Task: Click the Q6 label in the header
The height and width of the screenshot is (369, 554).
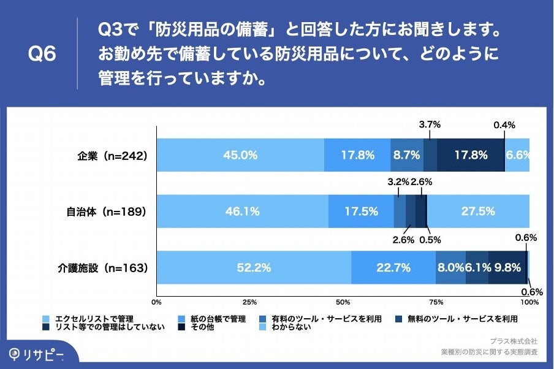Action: click(x=42, y=55)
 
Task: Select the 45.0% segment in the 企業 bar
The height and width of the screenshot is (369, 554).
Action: click(x=240, y=155)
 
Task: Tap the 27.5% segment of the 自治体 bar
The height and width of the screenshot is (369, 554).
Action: click(x=478, y=211)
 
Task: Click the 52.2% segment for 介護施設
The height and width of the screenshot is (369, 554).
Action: click(x=253, y=268)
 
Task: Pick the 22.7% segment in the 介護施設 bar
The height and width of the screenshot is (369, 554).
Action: click(x=393, y=268)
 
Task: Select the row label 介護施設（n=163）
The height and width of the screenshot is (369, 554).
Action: click(x=103, y=268)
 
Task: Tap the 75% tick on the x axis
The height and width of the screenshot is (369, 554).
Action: click(x=436, y=302)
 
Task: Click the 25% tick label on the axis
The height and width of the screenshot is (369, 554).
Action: click(x=249, y=302)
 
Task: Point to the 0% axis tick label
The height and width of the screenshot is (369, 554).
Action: click(x=156, y=302)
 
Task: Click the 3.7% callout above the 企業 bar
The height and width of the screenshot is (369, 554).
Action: click(x=430, y=124)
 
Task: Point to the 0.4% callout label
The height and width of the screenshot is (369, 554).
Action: click(x=504, y=125)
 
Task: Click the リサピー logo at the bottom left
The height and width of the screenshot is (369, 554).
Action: click(x=37, y=355)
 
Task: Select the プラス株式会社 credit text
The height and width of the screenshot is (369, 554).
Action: click(x=514, y=341)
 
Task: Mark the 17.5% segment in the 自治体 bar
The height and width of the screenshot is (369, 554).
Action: click(x=360, y=211)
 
